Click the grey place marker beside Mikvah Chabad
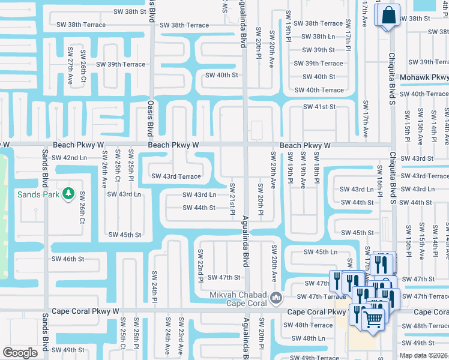[276, 298]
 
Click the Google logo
[20, 353]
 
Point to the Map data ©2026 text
[424, 355]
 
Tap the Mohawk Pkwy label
[428, 77]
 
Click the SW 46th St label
[68, 259]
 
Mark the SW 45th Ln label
[321, 252]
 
